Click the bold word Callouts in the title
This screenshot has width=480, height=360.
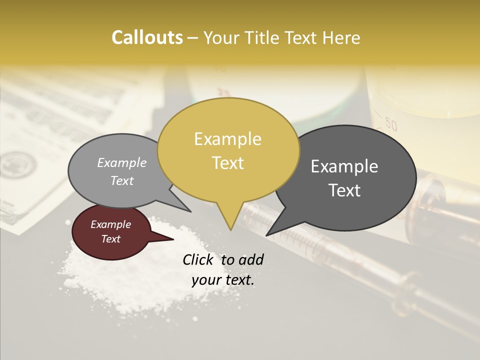(147, 37)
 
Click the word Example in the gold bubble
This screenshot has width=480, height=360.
(228, 139)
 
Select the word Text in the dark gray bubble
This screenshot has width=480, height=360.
(344, 190)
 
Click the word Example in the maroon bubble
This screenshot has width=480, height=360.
(111, 224)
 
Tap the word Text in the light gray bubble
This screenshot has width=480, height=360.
(122, 181)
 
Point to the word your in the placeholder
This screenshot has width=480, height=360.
(206, 280)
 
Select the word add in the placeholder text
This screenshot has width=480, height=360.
(251, 259)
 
